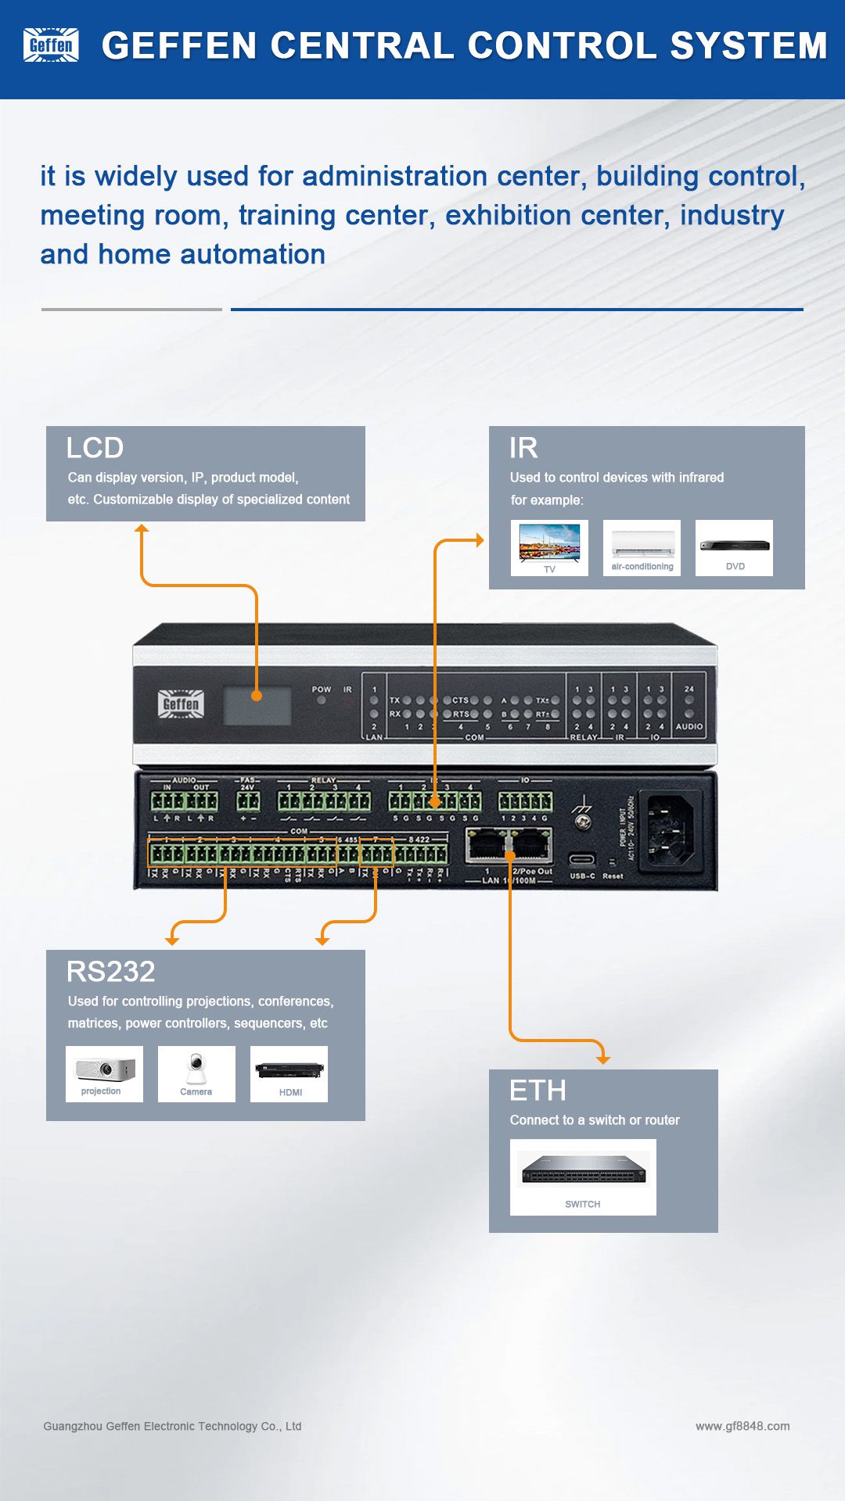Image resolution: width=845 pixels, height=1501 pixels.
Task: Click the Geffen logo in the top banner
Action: click(x=51, y=45)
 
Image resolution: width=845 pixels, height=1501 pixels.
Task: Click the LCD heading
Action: click(x=95, y=448)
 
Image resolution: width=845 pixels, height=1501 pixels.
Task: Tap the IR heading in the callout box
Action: click(x=523, y=448)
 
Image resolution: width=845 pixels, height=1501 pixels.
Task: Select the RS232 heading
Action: click(x=111, y=972)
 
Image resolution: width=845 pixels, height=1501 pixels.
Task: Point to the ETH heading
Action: click(x=538, y=1091)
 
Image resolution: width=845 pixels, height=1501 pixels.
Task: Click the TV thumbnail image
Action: click(x=549, y=547)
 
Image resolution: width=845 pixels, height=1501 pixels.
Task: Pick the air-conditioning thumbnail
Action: click(x=642, y=547)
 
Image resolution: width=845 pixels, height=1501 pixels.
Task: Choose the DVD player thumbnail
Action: click(x=734, y=547)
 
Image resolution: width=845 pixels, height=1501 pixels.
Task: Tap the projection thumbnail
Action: click(x=104, y=1073)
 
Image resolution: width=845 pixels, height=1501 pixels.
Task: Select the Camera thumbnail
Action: click(x=196, y=1073)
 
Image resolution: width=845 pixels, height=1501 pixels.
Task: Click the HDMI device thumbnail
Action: click(x=289, y=1073)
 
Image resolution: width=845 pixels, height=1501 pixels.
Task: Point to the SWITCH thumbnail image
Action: click(x=583, y=1177)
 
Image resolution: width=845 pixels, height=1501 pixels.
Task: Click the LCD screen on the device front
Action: click(x=257, y=706)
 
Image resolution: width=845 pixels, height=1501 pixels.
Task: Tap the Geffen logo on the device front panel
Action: click(x=181, y=704)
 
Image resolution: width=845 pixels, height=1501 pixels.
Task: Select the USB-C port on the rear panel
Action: click(x=581, y=859)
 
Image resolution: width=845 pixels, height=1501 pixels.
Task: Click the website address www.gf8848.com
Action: click(x=743, y=1426)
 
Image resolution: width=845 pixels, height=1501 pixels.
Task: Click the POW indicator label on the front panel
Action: click(x=322, y=690)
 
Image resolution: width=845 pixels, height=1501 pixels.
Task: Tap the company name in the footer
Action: click(x=172, y=1426)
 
